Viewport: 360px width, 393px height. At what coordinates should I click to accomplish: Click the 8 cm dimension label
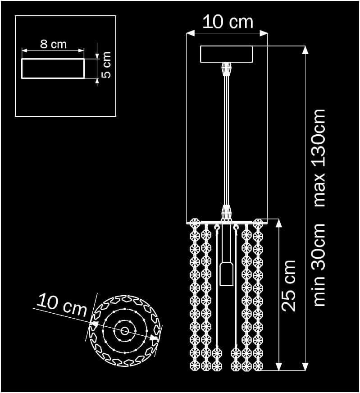point(53,44)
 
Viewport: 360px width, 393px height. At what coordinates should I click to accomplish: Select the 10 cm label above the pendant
point(228,22)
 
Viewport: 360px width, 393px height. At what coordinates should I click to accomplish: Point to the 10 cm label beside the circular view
point(62,305)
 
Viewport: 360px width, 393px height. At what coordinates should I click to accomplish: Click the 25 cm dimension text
point(288,285)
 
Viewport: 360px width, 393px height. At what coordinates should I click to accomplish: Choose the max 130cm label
point(319,158)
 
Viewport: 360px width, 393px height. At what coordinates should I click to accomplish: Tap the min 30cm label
point(319,265)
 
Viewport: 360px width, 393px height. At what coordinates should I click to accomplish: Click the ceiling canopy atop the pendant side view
point(227,54)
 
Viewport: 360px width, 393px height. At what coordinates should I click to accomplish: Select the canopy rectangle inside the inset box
point(53,69)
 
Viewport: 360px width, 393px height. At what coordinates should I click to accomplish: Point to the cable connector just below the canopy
point(227,69)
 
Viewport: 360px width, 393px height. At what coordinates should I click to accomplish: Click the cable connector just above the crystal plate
point(227,212)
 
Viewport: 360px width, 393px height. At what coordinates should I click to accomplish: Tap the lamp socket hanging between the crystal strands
point(226,274)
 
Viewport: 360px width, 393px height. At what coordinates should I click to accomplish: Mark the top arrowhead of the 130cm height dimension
point(305,50)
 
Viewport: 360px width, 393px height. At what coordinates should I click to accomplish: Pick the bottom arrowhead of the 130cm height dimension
point(305,367)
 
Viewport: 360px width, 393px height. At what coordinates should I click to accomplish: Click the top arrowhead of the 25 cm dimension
point(280,222)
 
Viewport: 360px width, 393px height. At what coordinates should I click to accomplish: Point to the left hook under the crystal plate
point(217,228)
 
